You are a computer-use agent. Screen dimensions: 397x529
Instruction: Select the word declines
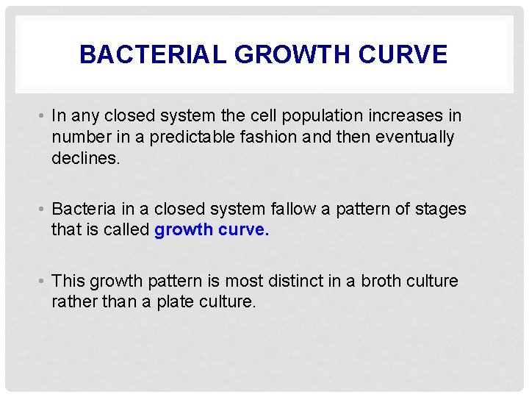(x=83, y=157)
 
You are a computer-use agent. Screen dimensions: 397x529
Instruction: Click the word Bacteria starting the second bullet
(x=84, y=209)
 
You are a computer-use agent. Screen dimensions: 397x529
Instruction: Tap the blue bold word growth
(x=183, y=230)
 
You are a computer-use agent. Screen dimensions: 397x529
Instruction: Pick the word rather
(x=71, y=301)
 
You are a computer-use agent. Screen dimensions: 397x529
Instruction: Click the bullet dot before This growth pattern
(x=44, y=281)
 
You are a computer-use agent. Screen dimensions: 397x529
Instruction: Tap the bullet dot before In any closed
(x=44, y=116)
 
